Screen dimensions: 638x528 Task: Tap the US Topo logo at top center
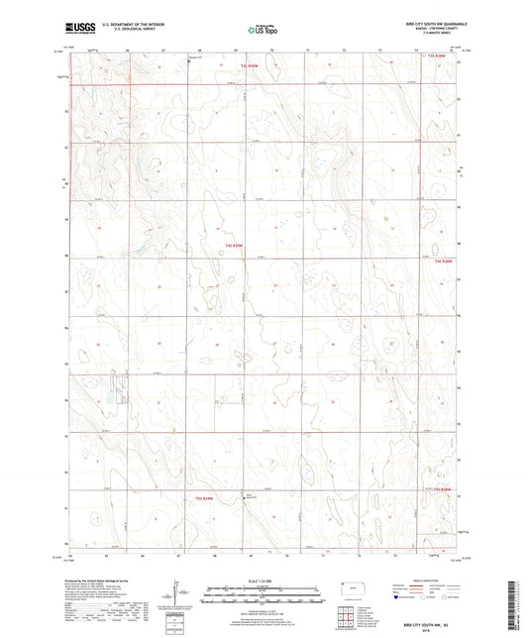click(x=263, y=30)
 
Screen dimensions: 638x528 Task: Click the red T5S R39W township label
click(x=205, y=497)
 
